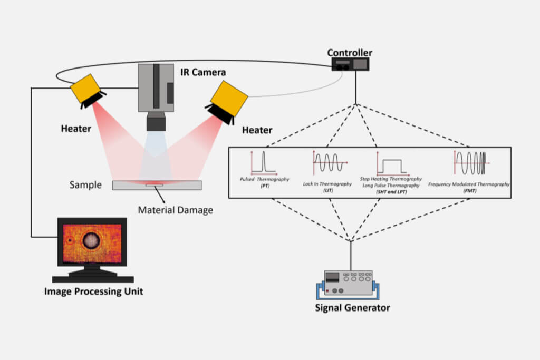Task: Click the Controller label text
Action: tap(350, 53)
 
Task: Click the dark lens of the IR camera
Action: tap(156, 122)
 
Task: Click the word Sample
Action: tap(85, 186)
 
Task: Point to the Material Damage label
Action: tap(176, 210)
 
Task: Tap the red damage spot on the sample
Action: tap(153, 183)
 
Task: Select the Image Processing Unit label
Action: tap(93, 291)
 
